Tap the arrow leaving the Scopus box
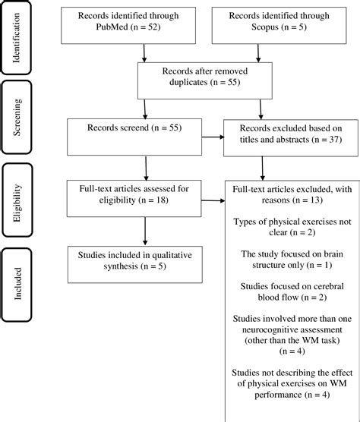coord(260,51)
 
